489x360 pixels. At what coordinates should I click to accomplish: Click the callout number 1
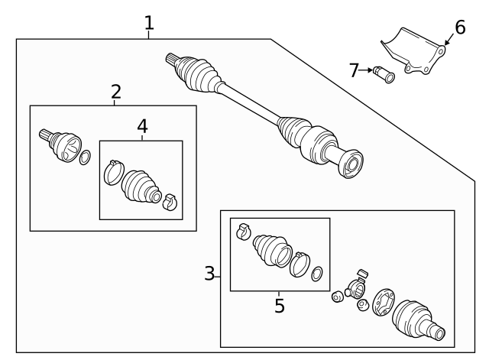[149, 23]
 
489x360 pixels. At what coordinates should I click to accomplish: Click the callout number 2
[116, 92]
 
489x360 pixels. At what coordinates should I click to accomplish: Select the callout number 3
[209, 274]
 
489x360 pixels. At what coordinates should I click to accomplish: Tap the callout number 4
[142, 126]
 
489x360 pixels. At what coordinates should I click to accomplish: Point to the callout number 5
[280, 306]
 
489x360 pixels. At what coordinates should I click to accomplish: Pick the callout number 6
[460, 28]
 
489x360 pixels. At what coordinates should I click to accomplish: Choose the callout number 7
[354, 70]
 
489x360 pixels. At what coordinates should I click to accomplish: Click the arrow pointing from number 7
[365, 70]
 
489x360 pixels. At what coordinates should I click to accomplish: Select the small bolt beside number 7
[384, 74]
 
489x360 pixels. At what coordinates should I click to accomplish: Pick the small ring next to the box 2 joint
[85, 157]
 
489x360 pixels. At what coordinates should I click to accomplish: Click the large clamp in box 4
[114, 173]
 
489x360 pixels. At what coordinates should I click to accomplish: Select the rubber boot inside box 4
[141, 186]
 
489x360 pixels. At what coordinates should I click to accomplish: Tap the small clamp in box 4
[170, 202]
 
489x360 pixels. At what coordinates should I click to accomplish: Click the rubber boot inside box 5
[272, 251]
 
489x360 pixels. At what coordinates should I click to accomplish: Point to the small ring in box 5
[317, 274]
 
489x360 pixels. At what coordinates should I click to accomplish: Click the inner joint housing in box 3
[418, 320]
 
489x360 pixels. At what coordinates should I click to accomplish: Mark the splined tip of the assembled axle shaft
[172, 59]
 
